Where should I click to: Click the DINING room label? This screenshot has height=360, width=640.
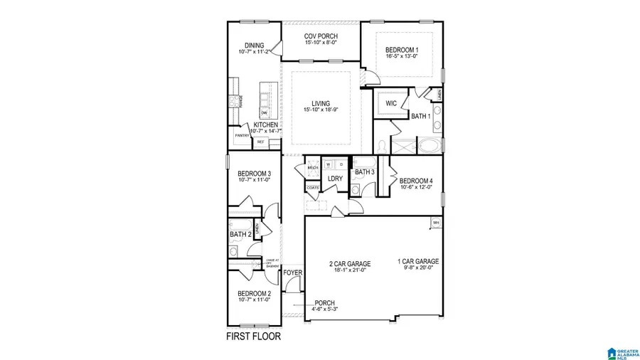[x=254, y=45]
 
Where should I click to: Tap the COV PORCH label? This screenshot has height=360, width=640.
[x=321, y=36]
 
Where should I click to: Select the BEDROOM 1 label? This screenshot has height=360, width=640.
[x=402, y=50]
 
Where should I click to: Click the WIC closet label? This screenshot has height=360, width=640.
[x=390, y=103]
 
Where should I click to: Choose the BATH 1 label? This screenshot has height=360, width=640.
[x=421, y=116]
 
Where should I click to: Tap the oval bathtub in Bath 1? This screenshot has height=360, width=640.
[x=430, y=147]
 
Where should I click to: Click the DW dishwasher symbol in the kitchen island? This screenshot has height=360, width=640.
[x=264, y=112]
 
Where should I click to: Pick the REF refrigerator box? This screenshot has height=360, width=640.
[x=261, y=142]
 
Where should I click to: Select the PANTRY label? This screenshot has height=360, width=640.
[x=242, y=135]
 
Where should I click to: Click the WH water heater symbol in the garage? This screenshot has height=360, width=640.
[x=436, y=223]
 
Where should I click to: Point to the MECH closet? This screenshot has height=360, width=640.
[x=312, y=169]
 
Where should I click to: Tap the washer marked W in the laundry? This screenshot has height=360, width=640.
[x=329, y=164]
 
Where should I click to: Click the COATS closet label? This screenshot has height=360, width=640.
[x=313, y=188]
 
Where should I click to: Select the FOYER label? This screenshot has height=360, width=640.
[x=292, y=272]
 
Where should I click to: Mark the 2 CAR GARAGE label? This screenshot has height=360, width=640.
[x=349, y=263]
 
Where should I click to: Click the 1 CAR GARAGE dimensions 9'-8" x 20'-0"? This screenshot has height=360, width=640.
[x=417, y=268]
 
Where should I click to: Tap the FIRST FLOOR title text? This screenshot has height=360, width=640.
[x=253, y=336]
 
